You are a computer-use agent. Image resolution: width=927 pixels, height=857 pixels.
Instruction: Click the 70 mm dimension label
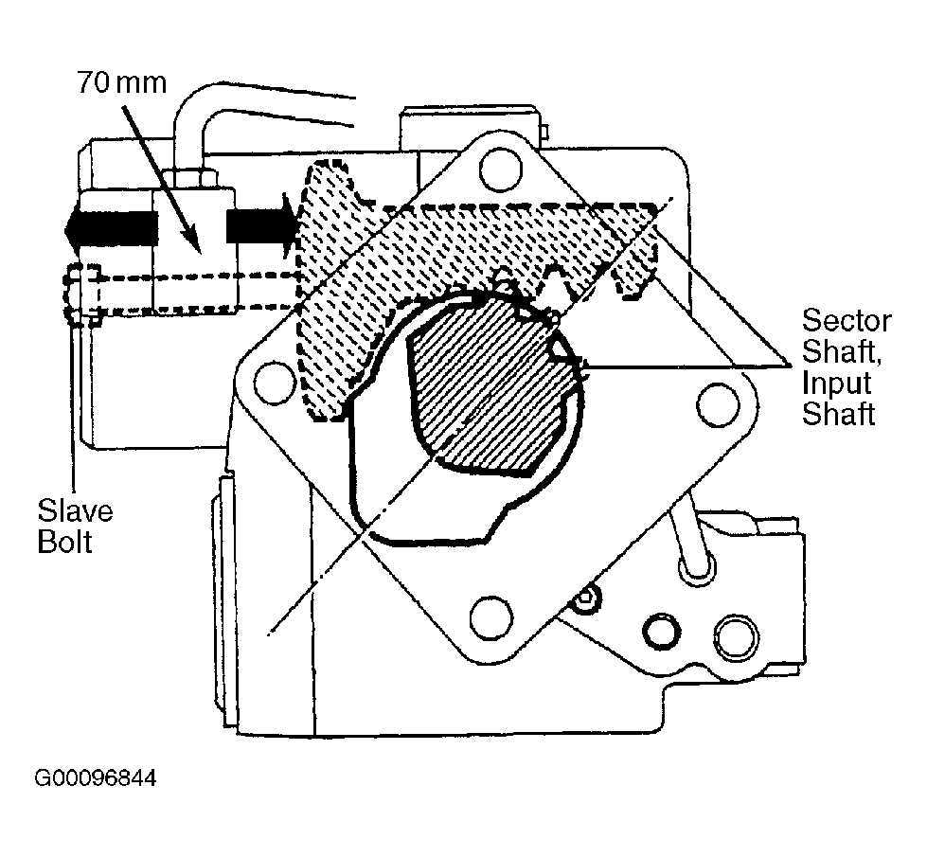(122, 82)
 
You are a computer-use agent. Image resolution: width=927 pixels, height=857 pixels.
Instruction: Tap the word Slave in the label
(75, 511)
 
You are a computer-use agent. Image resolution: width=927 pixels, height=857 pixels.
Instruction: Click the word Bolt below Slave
(64, 542)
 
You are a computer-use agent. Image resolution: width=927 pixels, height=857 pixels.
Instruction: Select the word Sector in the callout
(847, 321)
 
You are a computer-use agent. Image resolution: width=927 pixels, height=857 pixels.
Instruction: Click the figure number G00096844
(96, 777)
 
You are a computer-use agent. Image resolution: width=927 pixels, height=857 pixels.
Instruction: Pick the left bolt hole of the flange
(275, 382)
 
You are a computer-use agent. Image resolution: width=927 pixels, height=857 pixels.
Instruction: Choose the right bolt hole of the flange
(719, 404)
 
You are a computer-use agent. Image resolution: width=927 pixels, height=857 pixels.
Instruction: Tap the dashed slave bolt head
(80, 294)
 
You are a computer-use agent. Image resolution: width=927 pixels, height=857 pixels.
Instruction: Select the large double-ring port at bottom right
(737, 638)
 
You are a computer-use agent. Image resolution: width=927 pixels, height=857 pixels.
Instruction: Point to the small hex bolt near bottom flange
(585, 598)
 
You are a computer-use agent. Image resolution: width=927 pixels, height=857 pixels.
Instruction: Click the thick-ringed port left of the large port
(660, 632)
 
